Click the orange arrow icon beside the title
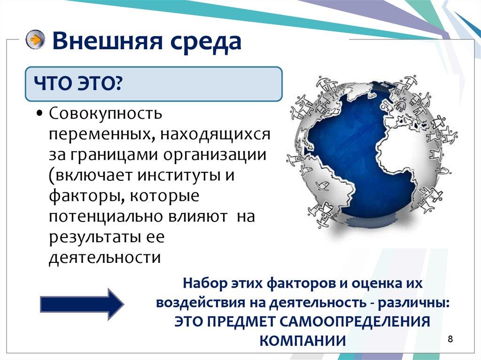(35, 40)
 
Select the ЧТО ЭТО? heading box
(154, 84)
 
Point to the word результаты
(93, 237)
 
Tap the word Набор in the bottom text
(202, 284)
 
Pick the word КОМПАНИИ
(303, 340)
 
